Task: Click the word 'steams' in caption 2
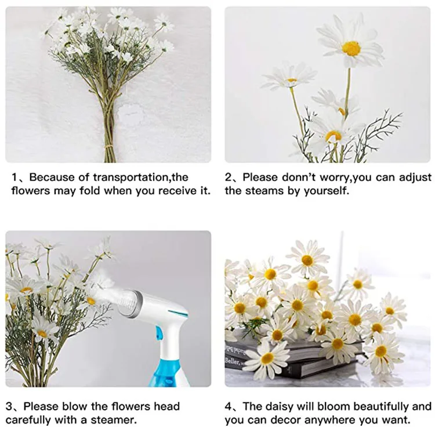tap(263, 191)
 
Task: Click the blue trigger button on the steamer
tap(157, 333)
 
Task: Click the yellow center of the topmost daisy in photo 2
tap(351, 48)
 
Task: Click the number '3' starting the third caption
tap(9, 406)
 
